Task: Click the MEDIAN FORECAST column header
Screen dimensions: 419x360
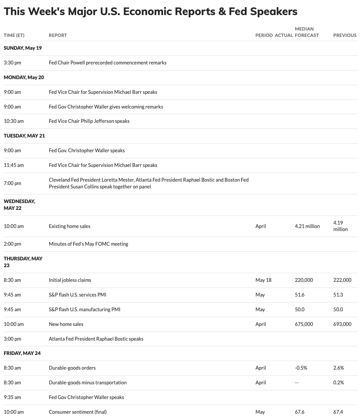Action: [x=307, y=32]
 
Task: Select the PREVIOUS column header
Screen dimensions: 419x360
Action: [x=345, y=35]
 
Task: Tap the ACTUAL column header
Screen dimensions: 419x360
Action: [x=284, y=35]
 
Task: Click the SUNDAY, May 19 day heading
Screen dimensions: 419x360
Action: [x=23, y=48]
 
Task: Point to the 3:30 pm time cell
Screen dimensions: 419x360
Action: [x=12, y=63]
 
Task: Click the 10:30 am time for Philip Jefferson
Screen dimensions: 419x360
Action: [x=14, y=121]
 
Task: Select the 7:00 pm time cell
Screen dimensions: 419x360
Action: [x=12, y=183]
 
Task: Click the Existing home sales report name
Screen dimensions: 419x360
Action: [x=69, y=226]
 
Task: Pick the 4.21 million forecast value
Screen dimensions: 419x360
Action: [x=307, y=226]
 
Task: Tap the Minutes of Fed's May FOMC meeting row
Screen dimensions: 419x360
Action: [x=88, y=244]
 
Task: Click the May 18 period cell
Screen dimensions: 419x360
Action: [x=263, y=280]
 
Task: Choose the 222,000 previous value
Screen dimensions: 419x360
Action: [x=342, y=280]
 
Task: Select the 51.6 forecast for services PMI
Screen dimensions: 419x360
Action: [x=299, y=295]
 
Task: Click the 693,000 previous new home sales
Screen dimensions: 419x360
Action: [x=342, y=324]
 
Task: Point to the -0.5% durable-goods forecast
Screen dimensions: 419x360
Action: [x=301, y=368]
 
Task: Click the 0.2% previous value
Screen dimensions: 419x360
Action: [x=338, y=382]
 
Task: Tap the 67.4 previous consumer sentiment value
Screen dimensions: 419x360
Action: [x=338, y=412]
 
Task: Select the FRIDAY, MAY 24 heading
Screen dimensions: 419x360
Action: [x=22, y=353]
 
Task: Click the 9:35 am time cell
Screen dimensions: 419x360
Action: [x=12, y=397]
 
